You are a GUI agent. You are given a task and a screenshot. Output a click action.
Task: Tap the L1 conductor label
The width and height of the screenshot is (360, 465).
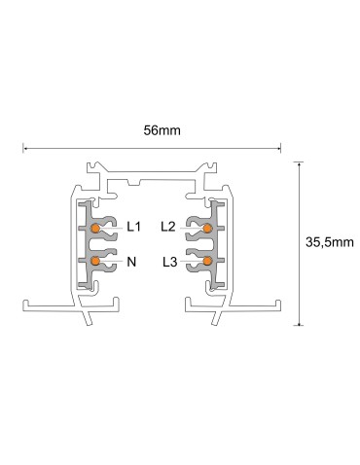pos(135,228)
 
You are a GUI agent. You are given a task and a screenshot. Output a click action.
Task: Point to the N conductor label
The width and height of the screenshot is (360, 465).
pos(131,261)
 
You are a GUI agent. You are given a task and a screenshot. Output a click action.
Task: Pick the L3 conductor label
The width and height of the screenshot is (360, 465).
pos(169,261)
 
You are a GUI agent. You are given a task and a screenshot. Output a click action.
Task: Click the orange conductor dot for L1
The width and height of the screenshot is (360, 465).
pos(96,228)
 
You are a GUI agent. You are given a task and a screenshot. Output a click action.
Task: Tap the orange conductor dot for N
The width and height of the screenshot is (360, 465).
pos(96,261)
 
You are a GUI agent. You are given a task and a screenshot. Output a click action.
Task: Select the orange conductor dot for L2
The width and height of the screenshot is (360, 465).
pos(207,228)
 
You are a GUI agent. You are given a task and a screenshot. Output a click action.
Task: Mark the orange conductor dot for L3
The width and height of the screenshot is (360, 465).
pos(207,261)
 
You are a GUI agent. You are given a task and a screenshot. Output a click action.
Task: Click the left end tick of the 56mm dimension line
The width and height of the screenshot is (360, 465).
pos(22,149)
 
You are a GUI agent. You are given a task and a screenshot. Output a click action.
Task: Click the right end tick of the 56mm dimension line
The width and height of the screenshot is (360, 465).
pos(282,149)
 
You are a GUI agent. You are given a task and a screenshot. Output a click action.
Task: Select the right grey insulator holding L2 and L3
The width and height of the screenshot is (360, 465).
pos(215,244)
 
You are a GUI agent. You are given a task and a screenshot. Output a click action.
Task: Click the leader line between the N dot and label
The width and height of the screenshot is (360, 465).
pos(112,261)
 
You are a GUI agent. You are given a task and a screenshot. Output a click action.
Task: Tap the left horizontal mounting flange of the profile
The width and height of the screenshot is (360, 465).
pos(44,304)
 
